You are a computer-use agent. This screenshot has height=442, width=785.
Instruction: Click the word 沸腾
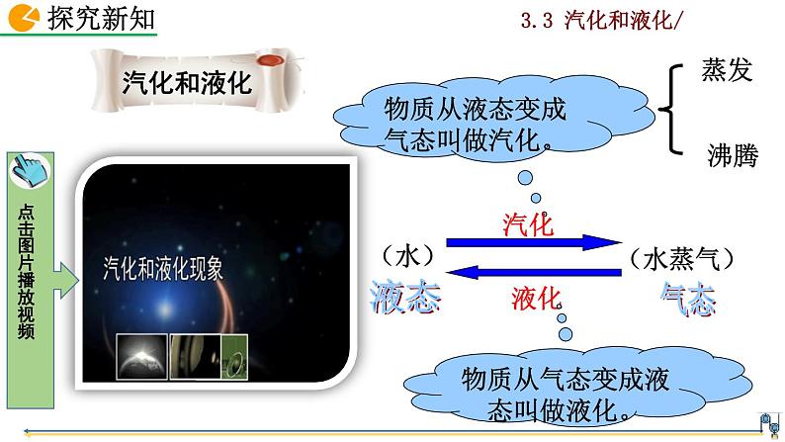[x=733, y=155]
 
